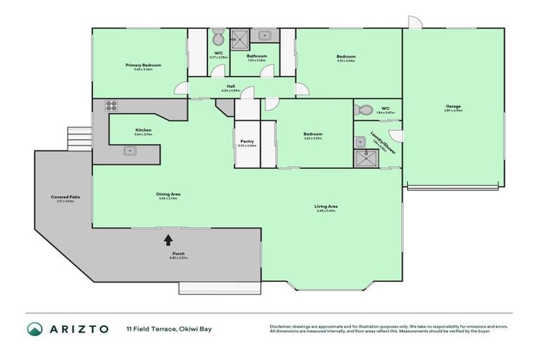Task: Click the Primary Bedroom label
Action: pos(143,65)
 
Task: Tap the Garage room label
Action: pos(453,106)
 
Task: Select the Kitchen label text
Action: pos(143,130)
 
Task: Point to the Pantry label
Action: pos(247,141)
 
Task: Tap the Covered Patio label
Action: pos(65,197)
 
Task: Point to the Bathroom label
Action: pos(256,56)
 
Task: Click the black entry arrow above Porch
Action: pos(167,240)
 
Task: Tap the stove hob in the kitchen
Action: pos(111,106)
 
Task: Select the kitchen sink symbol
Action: pos(129,150)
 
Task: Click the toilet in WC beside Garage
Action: pos(365,109)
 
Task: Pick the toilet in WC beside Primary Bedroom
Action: pos(219,37)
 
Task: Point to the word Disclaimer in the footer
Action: pos(281,326)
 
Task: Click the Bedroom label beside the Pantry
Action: pos(312,134)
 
